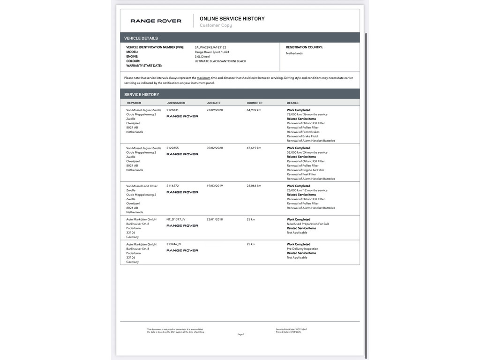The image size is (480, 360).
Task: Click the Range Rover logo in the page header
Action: click(156, 21)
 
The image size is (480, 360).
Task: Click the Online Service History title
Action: click(232, 19)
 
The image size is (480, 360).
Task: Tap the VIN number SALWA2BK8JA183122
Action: click(210, 47)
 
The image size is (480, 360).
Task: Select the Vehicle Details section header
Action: click(141, 38)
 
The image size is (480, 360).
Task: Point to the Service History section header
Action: click(142, 94)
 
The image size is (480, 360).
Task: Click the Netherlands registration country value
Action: click(294, 53)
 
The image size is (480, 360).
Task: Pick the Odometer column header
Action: click(255, 103)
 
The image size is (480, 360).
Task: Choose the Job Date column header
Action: click(214, 103)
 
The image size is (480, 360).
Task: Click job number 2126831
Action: click(172, 110)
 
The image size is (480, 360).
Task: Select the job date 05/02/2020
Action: click(215, 148)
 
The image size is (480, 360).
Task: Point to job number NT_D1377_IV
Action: click(176, 219)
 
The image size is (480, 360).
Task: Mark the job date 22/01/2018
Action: click(215, 219)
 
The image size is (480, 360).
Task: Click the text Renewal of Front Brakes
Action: click(303, 132)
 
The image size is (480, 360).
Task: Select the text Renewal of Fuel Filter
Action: click(302, 174)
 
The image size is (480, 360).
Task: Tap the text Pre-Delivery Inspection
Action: click(302, 249)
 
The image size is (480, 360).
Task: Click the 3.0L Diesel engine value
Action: click(202, 56)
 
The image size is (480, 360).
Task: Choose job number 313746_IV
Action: click(173, 244)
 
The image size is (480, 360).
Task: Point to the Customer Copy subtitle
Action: click(216, 25)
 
